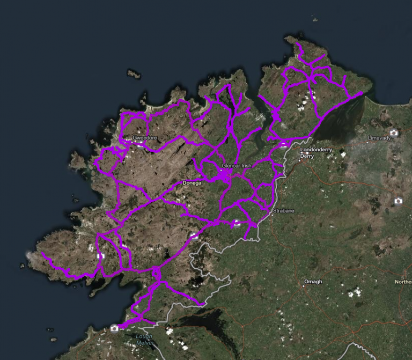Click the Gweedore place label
coord(145,138)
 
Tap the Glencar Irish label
coord(236,166)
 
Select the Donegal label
coord(192,183)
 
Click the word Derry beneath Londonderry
coord(307,156)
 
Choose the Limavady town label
coord(380,138)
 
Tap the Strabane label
coord(284,211)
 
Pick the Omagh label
coord(313,282)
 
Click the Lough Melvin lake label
coord(144,340)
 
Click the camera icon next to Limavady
coord(394,133)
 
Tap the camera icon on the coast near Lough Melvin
coord(114,328)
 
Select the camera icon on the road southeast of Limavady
coord(398,201)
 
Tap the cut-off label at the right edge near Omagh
coord(403,282)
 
